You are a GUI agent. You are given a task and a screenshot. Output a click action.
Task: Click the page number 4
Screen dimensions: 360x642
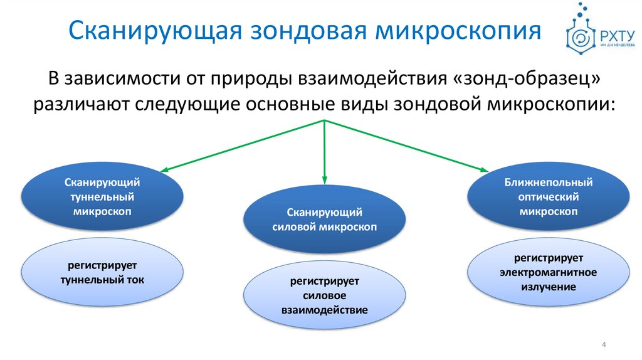[x=603, y=344]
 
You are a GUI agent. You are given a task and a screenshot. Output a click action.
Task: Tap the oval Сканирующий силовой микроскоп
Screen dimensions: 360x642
[x=325, y=220]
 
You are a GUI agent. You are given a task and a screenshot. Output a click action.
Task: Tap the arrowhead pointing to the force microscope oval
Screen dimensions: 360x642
[x=325, y=182]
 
